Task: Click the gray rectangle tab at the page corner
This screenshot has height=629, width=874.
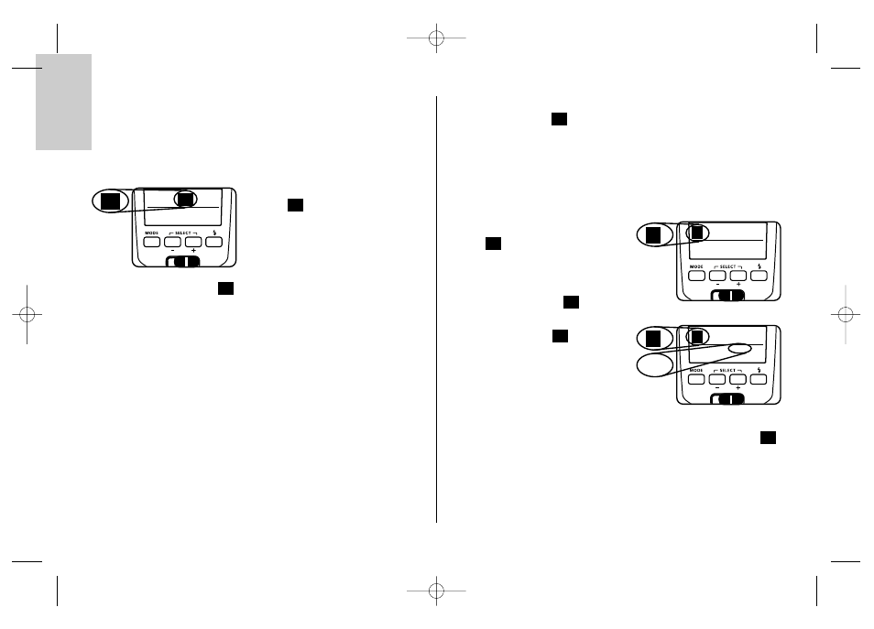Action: point(63,102)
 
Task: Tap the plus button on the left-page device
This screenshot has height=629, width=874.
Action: point(193,242)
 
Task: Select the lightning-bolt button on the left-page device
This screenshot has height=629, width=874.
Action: point(214,242)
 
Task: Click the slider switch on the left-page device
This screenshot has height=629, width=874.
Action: point(183,262)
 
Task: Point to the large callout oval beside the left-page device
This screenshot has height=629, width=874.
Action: point(110,201)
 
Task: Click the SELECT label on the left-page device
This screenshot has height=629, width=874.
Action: point(183,233)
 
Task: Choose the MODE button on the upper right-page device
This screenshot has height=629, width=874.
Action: point(697,276)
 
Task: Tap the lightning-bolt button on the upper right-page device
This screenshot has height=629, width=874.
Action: point(759,276)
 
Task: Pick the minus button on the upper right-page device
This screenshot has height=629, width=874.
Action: point(717,276)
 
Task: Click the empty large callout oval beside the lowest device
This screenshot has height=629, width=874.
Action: point(655,365)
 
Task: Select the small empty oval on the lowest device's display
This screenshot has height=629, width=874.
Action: point(739,349)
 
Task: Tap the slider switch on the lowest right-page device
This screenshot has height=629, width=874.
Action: point(727,399)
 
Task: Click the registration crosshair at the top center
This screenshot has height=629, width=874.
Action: point(436,38)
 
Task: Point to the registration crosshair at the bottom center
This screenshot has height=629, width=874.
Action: point(436,591)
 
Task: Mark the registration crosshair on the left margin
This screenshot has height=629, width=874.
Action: point(27,315)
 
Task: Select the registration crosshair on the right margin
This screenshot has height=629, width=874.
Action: point(846,315)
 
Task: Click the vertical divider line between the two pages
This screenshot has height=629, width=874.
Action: point(436,309)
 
